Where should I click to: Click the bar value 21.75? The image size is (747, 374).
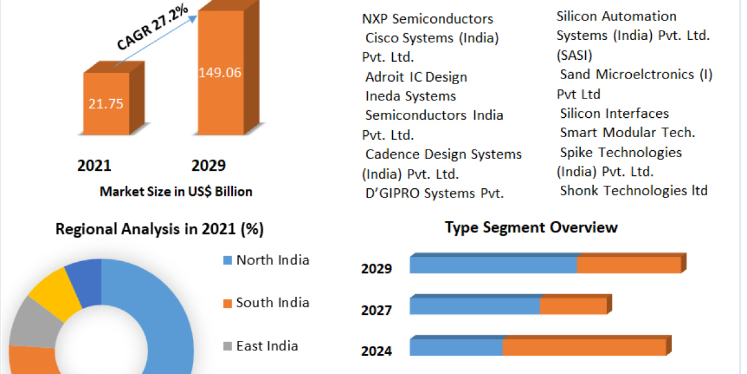pos(106,103)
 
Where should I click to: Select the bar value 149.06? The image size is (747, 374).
pos(220,72)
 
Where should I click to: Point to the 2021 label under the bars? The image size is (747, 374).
pos(94,165)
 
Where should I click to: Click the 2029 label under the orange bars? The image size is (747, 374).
pos(209,165)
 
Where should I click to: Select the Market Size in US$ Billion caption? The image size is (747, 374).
pos(176,191)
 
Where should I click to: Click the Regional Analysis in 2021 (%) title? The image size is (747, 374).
pos(159,229)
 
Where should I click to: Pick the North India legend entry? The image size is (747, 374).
pos(272,260)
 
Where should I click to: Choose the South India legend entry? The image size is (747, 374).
pos(272,303)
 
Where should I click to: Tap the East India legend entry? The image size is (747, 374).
pos(266,346)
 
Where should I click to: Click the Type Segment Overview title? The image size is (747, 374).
pos(531,227)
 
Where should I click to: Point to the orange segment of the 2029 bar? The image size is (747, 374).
pos(629,264)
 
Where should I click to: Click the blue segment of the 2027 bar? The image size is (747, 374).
pos(474,306)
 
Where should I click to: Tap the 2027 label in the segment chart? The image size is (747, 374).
pos(376,310)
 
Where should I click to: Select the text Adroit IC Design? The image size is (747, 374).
pos(416,77)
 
